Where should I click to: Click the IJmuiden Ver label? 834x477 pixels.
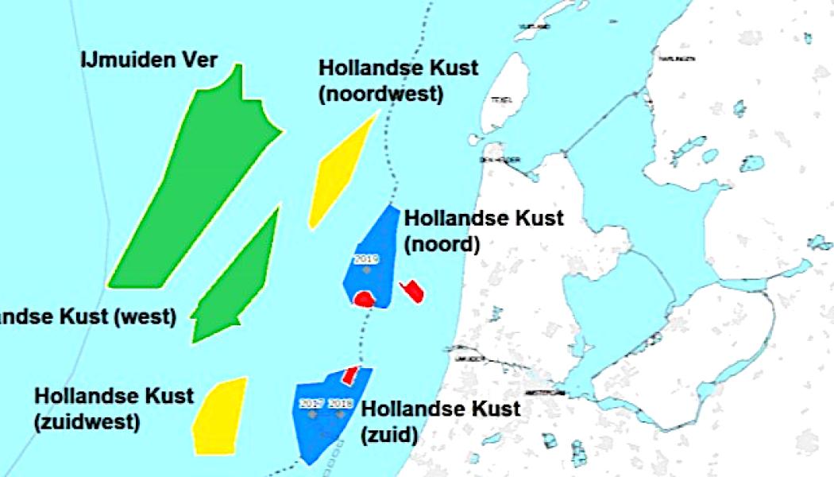pos(149,60)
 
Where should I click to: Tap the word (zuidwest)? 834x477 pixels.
pos(87,421)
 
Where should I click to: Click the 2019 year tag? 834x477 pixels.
pos(367,259)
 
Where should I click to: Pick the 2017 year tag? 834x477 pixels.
pos(311,403)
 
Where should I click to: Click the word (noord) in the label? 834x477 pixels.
pos(442,245)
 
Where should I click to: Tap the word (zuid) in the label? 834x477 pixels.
pos(389,436)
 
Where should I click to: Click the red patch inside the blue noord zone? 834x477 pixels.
pos(364,300)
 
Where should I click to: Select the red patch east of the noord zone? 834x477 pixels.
pos(413,290)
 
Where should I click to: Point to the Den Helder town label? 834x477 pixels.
pos(500,160)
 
